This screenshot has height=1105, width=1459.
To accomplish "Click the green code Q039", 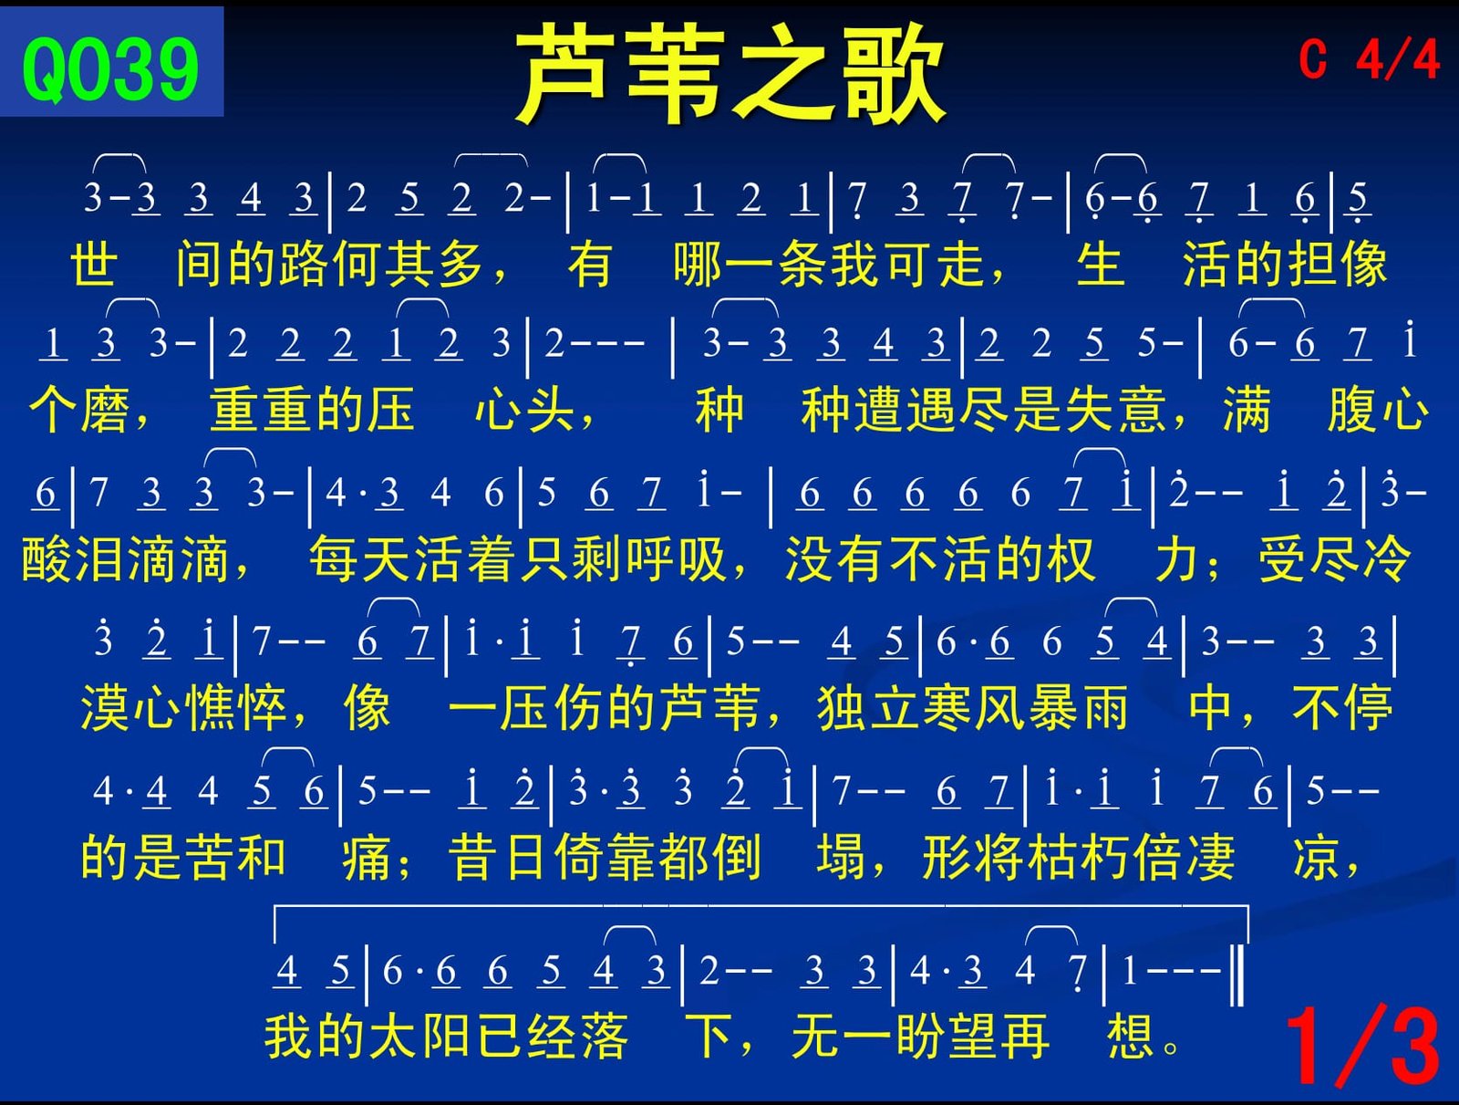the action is [x=110, y=69].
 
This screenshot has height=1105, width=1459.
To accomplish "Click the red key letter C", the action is [x=1314, y=60].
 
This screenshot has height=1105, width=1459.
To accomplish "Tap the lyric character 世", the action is [x=95, y=264].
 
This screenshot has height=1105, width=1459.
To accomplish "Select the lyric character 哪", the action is [x=698, y=264].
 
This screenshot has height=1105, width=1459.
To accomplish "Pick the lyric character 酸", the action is [x=47, y=559].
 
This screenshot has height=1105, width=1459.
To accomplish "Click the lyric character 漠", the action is [x=105, y=708].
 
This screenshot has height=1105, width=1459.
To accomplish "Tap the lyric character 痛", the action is [x=367, y=857].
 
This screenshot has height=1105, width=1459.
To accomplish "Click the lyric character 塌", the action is [x=842, y=857].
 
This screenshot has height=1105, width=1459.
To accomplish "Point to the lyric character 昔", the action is [x=473, y=857].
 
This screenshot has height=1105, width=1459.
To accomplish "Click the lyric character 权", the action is [x=1071, y=559].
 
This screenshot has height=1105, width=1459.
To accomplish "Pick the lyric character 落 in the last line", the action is [x=604, y=1037].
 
